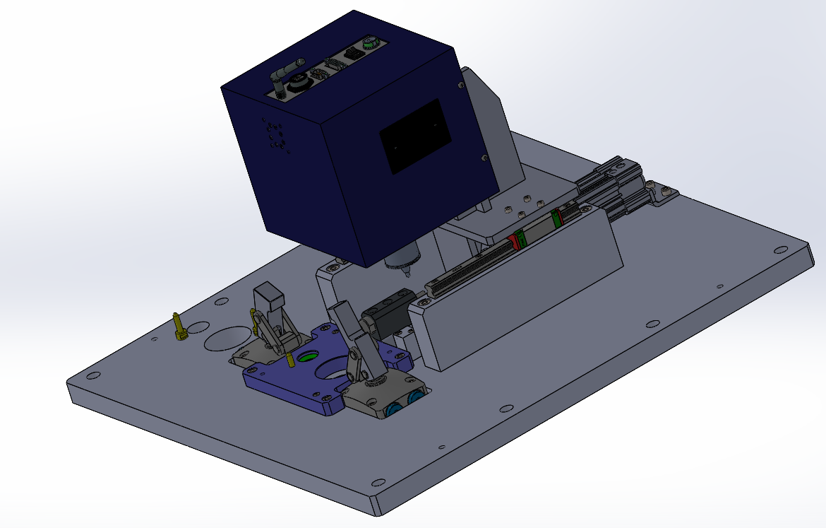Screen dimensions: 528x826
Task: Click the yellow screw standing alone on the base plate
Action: click(179, 327)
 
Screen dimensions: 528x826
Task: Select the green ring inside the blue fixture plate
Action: click(307, 357)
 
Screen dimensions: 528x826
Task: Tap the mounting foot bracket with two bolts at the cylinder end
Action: click(662, 194)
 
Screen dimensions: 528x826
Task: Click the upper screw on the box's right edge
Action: click(462, 86)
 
